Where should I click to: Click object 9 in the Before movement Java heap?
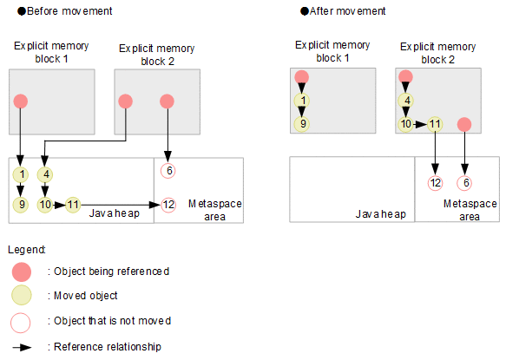[x=21, y=205]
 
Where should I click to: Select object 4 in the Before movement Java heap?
[x=45, y=175]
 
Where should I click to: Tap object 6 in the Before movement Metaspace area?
[x=168, y=171]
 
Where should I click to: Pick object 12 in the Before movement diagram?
[x=168, y=205]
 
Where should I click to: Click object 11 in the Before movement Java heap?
[x=73, y=205]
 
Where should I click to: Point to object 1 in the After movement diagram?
[x=302, y=101]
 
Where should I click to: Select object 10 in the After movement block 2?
[x=405, y=124]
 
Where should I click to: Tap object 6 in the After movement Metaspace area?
[x=464, y=183]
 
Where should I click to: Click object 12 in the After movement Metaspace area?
[x=435, y=183]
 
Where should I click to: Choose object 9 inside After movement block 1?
[x=302, y=124]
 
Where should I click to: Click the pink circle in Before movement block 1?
[x=21, y=101]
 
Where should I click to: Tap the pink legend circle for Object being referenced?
[x=22, y=272]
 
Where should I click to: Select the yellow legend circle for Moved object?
[x=22, y=295]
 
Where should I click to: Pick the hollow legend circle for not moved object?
[x=21, y=323]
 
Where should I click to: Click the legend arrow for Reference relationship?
[x=22, y=347]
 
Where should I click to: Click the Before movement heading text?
[x=69, y=11]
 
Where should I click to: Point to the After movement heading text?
[x=347, y=11]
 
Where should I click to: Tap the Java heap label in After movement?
[x=380, y=214]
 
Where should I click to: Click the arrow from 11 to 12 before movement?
[x=121, y=205]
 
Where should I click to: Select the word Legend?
[x=26, y=250]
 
